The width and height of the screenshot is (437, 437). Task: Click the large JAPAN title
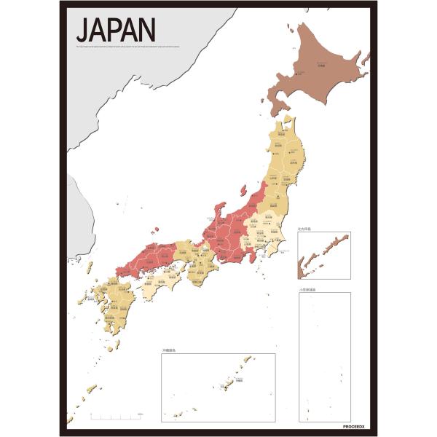[115, 30]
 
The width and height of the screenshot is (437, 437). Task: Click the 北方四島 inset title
[305, 229]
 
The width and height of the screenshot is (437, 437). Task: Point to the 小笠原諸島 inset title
[309, 289]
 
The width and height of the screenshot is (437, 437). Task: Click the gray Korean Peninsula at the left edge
[76, 219]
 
